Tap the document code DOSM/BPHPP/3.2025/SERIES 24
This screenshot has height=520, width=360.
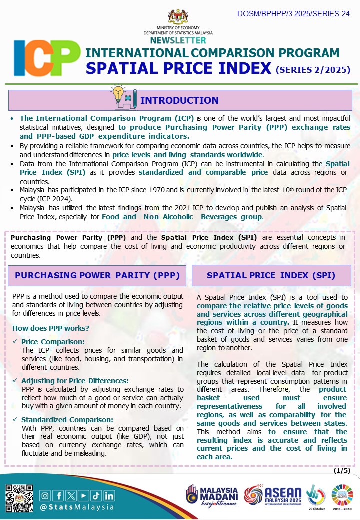click(x=293, y=14)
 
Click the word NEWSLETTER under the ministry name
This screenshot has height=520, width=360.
click(x=178, y=40)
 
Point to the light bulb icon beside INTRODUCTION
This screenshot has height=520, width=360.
click(x=118, y=93)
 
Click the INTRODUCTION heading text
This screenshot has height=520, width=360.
click(x=179, y=100)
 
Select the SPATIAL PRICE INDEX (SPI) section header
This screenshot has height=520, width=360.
click(x=271, y=275)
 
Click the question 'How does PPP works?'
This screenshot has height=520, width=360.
click(x=51, y=328)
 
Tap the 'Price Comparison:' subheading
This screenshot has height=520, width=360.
click(x=53, y=342)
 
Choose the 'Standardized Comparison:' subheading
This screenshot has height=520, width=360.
click(x=67, y=419)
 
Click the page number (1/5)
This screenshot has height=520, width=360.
click(x=342, y=471)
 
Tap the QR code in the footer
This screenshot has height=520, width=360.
click(x=19, y=498)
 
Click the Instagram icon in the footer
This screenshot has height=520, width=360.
click(x=45, y=496)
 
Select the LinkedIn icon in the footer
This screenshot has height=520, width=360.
click(x=109, y=496)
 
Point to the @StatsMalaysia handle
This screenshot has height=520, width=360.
click(x=77, y=507)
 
